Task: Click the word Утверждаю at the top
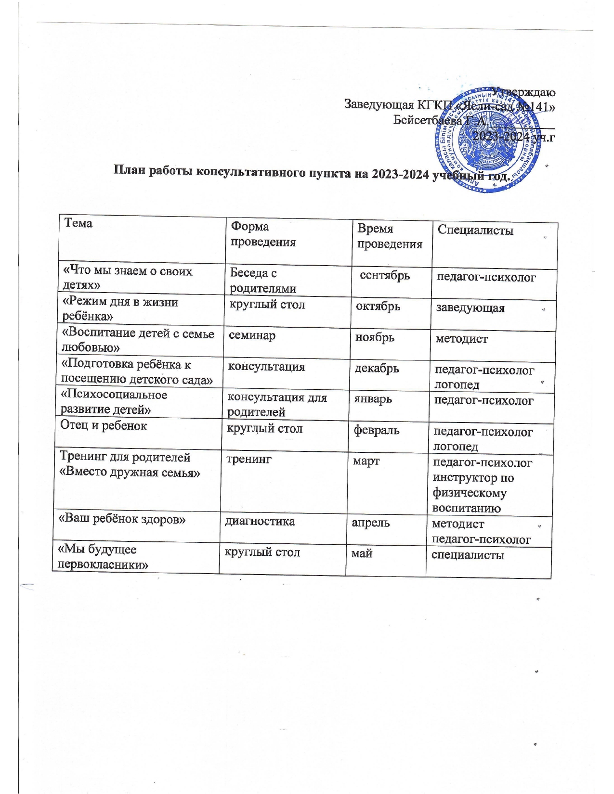click(523, 92)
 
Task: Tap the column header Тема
click(78, 223)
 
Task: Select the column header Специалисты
click(475, 230)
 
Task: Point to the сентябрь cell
click(385, 275)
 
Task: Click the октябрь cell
click(378, 306)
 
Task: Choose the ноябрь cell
click(375, 337)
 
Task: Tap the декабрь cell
click(377, 368)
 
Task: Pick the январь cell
click(373, 399)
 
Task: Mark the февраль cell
click(377, 430)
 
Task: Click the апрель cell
click(370, 523)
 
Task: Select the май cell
click(362, 553)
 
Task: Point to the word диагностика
click(260, 521)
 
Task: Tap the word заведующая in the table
click(470, 308)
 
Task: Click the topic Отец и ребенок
click(104, 425)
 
